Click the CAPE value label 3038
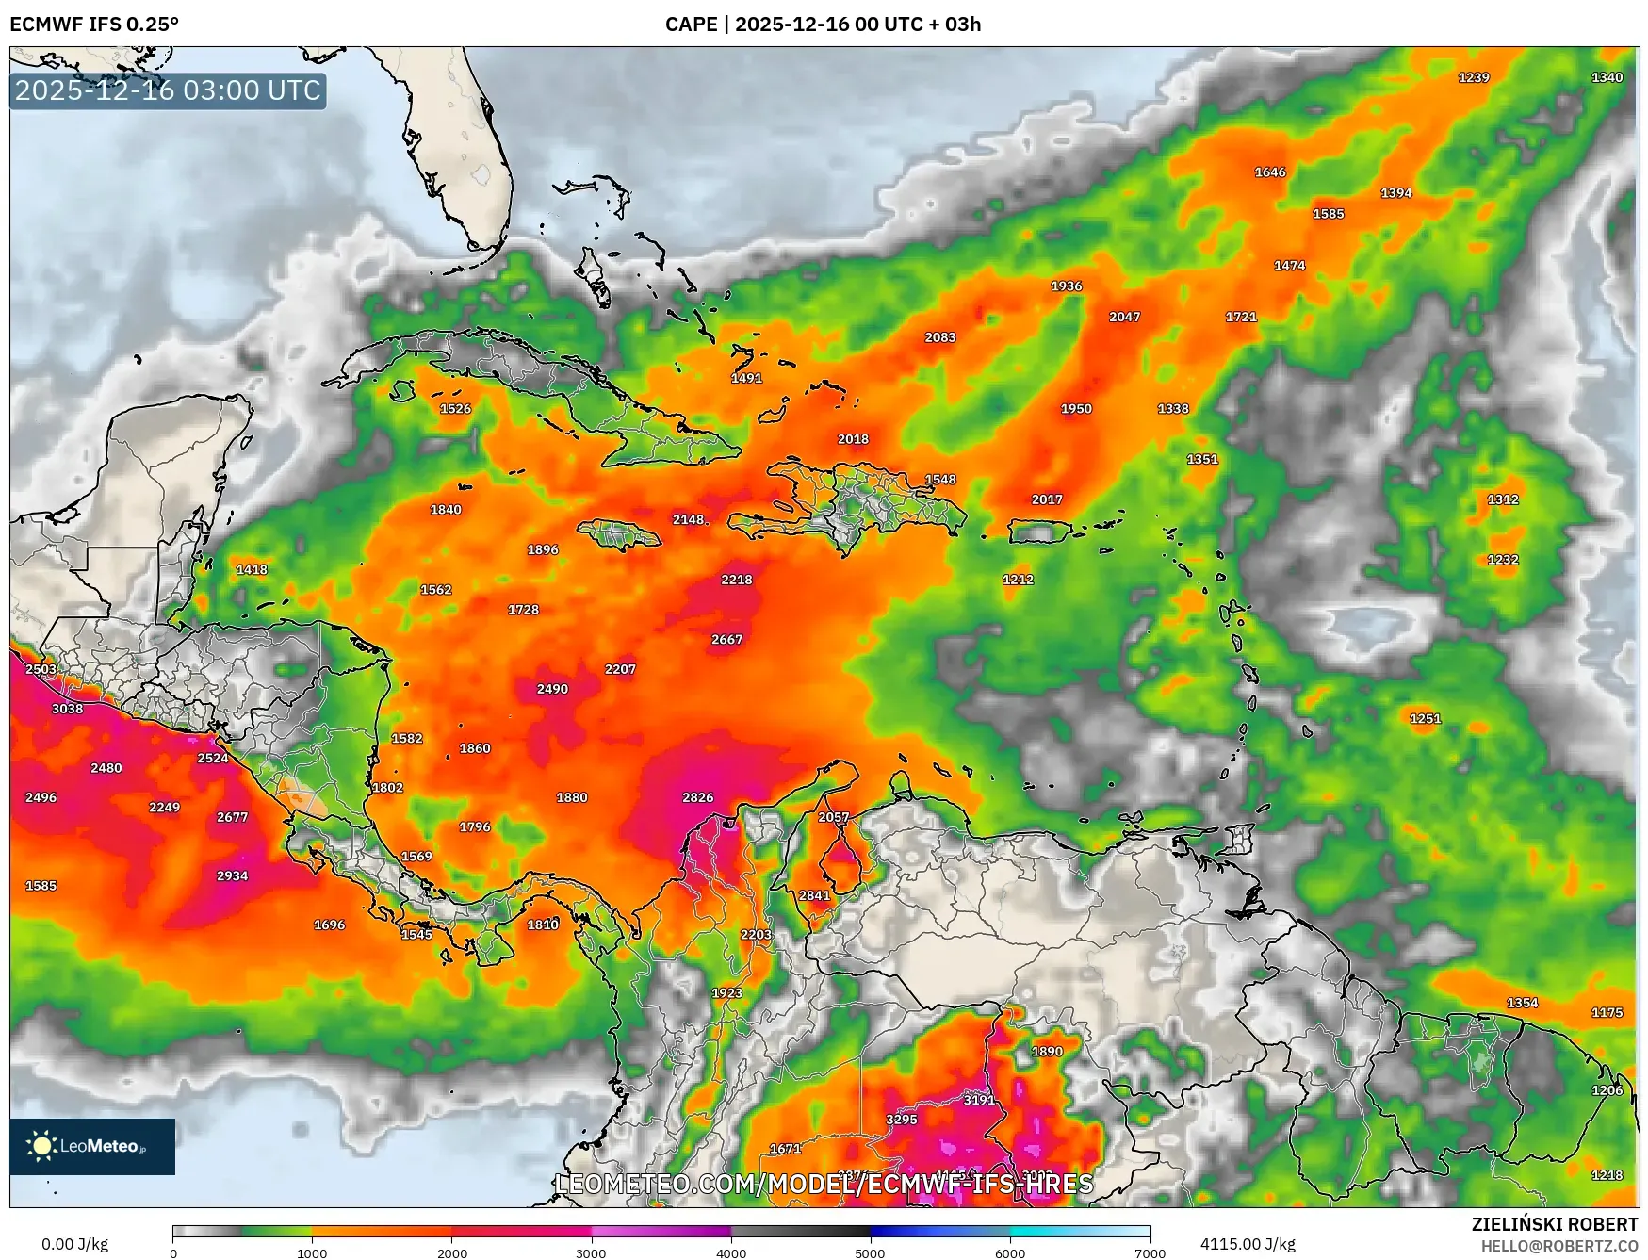(x=67, y=709)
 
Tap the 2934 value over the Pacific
(x=232, y=875)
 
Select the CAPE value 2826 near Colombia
(x=697, y=797)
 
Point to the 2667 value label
(x=726, y=639)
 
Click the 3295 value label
(x=901, y=1120)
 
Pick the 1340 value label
(x=1607, y=77)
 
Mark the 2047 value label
(x=1124, y=317)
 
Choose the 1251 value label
(x=1425, y=718)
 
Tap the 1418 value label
(x=252, y=569)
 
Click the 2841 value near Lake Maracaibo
(x=814, y=895)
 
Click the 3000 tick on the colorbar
(x=592, y=1253)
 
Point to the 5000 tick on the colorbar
(x=870, y=1253)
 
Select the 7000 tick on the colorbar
(x=1149, y=1253)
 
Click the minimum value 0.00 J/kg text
(x=74, y=1244)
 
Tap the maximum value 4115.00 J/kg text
(x=1247, y=1244)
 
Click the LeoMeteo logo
(x=92, y=1146)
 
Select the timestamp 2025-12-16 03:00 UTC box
(x=168, y=90)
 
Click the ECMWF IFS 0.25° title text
(x=94, y=25)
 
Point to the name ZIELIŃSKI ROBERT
(x=1555, y=1224)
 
